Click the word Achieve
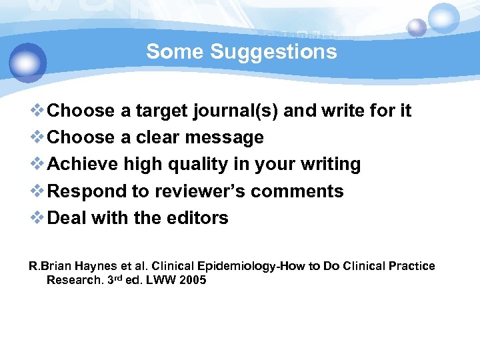83,164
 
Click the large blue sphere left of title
28,63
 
